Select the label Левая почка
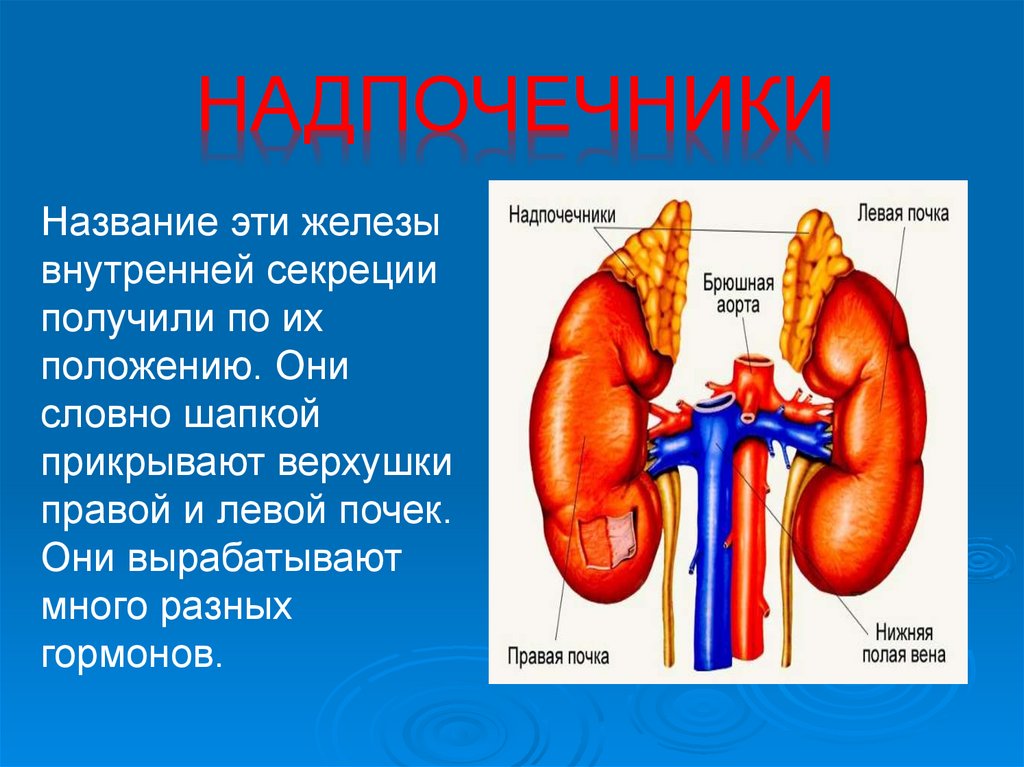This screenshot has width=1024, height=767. point(902,213)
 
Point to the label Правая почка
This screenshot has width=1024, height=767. point(558,657)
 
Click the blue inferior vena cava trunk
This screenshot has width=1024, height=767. point(712,560)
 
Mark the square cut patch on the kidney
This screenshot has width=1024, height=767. point(608,540)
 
